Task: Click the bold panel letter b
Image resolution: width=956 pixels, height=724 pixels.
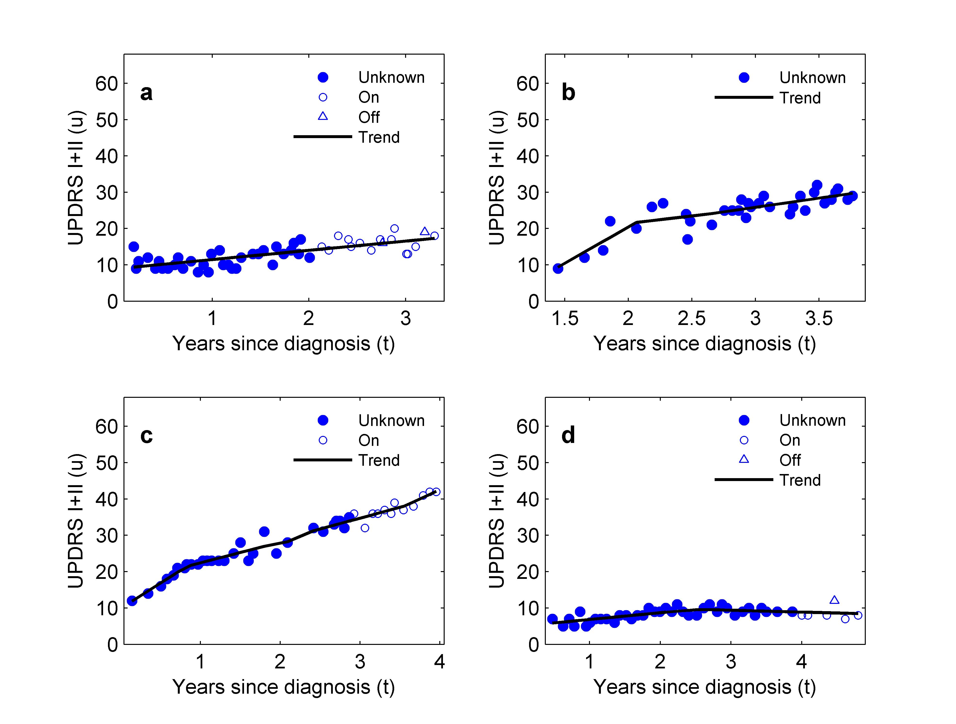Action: (568, 93)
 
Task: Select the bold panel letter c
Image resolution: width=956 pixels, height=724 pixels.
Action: (147, 435)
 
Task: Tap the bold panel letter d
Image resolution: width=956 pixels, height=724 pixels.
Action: (568, 435)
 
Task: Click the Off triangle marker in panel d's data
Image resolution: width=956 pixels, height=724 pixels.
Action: (834, 600)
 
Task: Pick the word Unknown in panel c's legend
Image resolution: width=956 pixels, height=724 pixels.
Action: (391, 420)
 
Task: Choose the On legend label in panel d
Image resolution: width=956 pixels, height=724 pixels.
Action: (790, 440)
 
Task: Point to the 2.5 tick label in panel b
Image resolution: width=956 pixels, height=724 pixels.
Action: (692, 319)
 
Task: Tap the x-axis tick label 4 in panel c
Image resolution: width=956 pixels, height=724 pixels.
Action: (440, 662)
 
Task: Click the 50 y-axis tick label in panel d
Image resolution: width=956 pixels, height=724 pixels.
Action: (528, 463)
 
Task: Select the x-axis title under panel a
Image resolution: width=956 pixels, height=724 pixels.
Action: (284, 344)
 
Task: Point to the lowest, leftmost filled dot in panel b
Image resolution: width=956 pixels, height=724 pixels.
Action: (558, 269)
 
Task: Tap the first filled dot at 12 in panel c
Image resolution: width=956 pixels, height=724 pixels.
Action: (132, 601)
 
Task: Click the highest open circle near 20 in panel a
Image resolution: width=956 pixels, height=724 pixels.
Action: (394, 228)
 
